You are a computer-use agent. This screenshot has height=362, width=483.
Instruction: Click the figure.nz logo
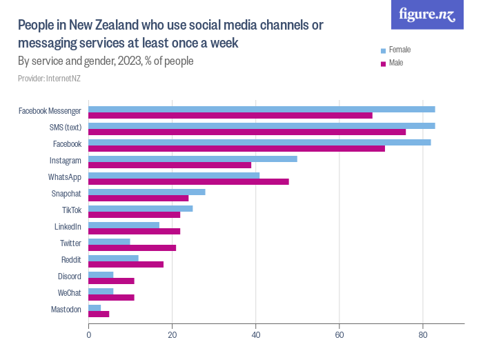[427, 14]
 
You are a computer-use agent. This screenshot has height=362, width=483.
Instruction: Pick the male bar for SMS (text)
[247, 132]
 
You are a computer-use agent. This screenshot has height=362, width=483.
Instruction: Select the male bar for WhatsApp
[188, 181]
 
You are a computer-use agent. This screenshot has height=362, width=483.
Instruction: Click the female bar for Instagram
[193, 159]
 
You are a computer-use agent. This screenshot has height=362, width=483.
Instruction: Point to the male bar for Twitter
[132, 248]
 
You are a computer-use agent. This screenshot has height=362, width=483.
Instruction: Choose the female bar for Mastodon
[95, 308]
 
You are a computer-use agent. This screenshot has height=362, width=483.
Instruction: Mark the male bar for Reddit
[126, 264]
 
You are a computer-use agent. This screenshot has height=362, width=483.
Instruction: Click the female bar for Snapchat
[147, 192]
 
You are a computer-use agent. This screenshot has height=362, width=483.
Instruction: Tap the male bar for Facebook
[237, 148]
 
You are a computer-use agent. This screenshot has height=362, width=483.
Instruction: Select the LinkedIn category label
[68, 227]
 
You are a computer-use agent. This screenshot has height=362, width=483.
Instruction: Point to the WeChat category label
[69, 293]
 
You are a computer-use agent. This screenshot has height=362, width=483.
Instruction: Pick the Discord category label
[70, 276]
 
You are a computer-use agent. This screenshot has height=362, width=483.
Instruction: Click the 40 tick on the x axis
[256, 335]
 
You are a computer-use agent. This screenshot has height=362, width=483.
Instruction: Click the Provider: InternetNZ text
[49, 79]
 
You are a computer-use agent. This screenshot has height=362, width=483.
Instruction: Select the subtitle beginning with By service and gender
[105, 61]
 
